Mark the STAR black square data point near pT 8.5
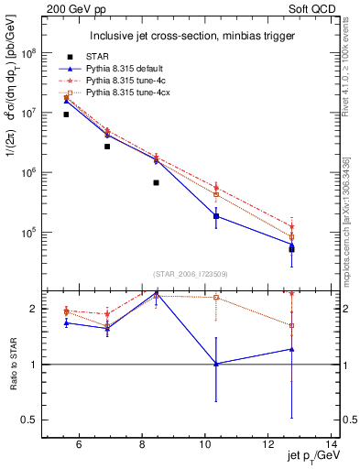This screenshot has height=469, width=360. (x=156, y=182)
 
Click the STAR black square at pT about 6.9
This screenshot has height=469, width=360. (x=107, y=146)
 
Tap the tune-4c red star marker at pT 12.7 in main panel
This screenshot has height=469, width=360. (x=291, y=226)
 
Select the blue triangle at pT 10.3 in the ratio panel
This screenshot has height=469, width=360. (x=216, y=364)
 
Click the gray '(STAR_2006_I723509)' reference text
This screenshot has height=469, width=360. (x=191, y=273)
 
